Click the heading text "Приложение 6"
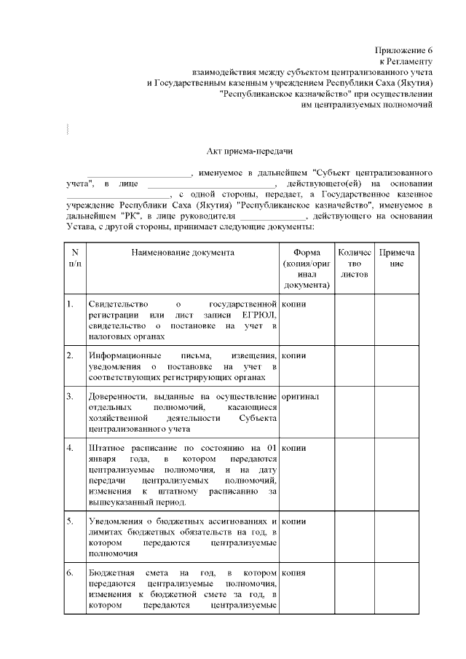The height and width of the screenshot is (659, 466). [x=404, y=50]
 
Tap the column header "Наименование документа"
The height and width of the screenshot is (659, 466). [x=183, y=253]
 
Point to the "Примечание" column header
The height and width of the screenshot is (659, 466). [x=396, y=258]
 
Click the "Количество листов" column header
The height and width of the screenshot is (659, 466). [x=354, y=264]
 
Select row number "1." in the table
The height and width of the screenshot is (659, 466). [x=70, y=304]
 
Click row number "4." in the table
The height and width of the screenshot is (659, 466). [x=70, y=447]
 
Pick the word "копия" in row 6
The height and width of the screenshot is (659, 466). [x=293, y=574]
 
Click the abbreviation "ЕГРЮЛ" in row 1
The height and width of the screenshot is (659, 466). [x=259, y=315]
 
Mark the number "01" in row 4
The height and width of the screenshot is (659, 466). [x=271, y=447]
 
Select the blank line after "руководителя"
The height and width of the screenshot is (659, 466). [x=272, y=217]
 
